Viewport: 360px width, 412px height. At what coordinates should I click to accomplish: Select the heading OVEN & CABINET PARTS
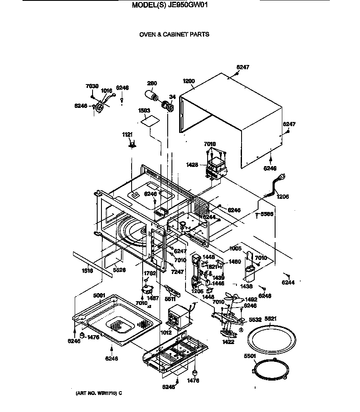tap(174, 34)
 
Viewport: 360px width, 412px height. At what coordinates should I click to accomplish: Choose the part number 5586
tap(267, 214)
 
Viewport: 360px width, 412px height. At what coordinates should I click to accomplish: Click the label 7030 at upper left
tap(92, 86)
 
